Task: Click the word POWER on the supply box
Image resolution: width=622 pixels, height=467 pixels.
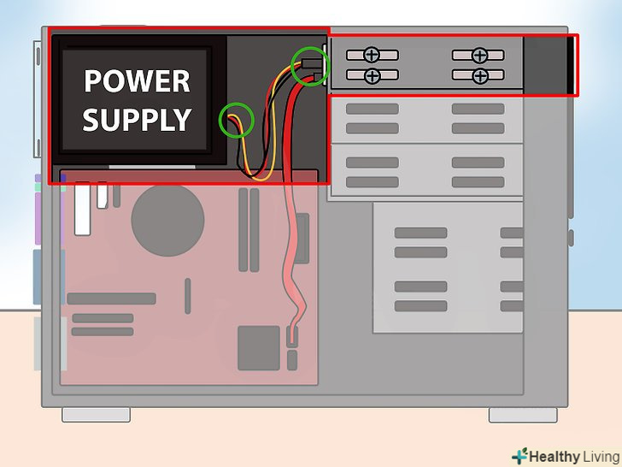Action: click(x=137, y=81)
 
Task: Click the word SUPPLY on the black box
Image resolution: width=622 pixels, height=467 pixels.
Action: click(x=137, y=119)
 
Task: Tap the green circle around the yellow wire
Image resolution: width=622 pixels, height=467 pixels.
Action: click(x=238, y=121)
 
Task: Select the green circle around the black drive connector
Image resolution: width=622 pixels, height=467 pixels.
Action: click(x=309, y=65)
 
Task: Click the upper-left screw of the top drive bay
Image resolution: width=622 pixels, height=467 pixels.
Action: click(x=372, y=56)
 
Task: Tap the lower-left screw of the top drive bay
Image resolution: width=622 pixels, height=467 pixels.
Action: click(x=372, y=76)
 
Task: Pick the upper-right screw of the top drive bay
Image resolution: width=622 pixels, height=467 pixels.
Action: click(x=480, y=56)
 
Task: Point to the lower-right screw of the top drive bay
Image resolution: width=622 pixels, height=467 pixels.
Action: click(x=480, y=76)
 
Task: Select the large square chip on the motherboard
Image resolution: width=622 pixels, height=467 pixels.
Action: click(x=260, y=346)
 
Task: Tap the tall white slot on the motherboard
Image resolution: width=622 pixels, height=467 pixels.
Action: click(x=82, y=208)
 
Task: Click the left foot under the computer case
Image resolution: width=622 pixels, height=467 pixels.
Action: click(x=96, y=414)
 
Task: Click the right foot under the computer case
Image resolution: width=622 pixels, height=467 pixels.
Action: click(x=523, y=414)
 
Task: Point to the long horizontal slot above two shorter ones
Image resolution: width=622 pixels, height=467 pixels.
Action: click(x=111, y=299)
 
